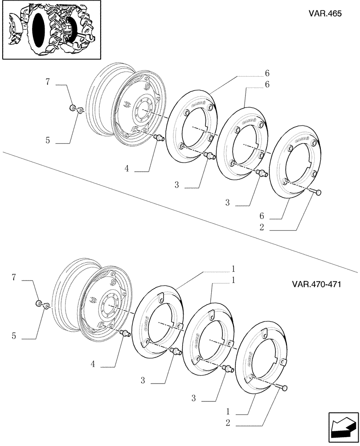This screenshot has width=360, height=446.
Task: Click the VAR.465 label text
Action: (x=325, y=13)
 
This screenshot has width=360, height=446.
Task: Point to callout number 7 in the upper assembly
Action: (x=48, y=82)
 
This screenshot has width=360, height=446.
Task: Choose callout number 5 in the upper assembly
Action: (x=47, y=140)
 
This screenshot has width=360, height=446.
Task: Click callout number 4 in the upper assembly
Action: (x=127, y=169)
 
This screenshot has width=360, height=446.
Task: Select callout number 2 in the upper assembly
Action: (x=262, y=227)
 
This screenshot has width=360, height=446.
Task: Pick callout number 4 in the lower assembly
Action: (x=93, y=364)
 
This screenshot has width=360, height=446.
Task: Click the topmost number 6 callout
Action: (x=267, y=73)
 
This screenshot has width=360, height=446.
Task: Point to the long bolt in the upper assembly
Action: (x=314, y=192)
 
